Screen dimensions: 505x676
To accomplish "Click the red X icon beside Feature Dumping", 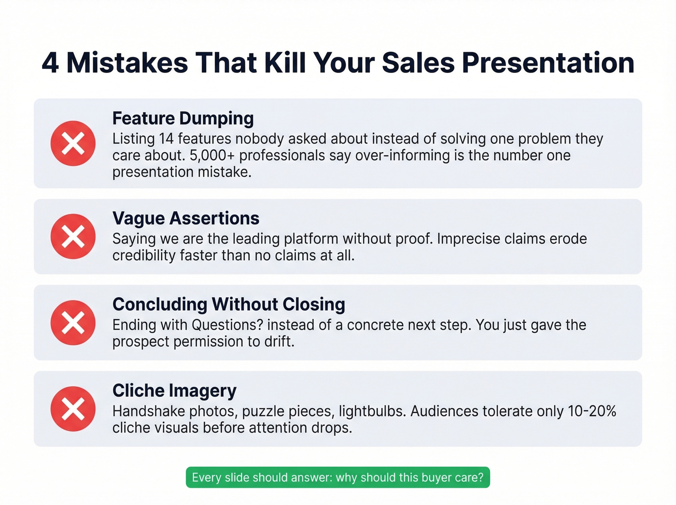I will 73,144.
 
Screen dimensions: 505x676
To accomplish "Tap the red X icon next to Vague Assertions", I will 73,236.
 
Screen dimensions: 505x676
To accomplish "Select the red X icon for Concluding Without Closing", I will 73,322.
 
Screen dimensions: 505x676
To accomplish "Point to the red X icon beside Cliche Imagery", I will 73,409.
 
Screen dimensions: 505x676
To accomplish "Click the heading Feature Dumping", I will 183,118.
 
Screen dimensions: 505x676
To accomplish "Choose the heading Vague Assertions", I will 186,218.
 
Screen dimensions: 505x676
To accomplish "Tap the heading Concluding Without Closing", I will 229,304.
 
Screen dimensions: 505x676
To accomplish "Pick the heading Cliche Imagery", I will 174,390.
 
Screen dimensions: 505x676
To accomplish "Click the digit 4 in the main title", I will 50,63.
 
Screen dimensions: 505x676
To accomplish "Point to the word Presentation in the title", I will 548,63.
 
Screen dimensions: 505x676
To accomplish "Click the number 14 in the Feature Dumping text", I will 166,139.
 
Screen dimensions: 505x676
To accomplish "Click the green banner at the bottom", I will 338,477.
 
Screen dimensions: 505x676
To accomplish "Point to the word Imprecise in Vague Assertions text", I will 468,239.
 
